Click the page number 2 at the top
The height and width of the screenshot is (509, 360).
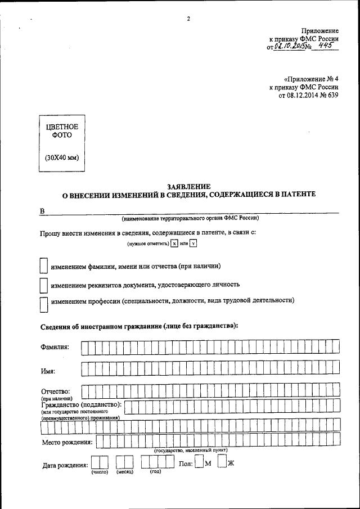tap(188, 19)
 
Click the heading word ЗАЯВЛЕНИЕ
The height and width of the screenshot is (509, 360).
tap(188, 186)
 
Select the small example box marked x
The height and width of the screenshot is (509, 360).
tap(174, 244)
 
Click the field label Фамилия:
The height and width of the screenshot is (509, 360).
tap(55, 347)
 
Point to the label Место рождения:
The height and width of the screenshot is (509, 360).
tap(67, 442)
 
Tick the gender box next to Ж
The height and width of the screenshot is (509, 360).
tap(222, 463)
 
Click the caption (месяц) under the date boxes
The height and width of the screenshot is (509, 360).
tap(124, 472)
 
